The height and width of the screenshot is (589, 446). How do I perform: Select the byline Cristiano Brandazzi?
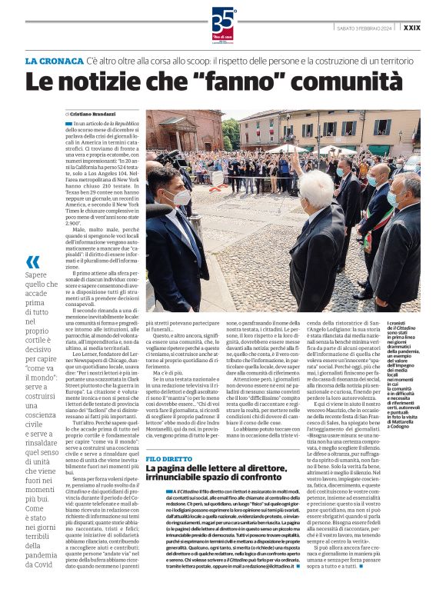coord(97,114)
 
